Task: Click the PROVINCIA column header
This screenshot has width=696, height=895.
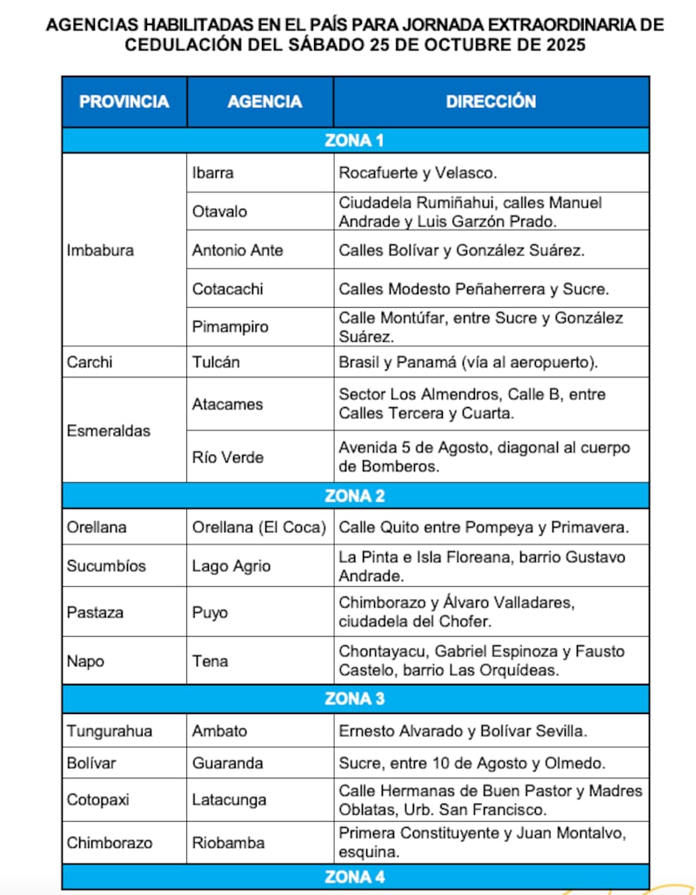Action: [124, 102]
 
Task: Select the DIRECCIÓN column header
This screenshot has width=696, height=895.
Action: [491, 102]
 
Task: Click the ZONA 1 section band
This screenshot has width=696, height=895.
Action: [354, 141]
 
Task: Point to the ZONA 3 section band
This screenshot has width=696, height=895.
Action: [354, 698]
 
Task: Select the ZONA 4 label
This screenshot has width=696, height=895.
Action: [354, 877]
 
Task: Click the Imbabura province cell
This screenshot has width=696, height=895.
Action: [100, 250]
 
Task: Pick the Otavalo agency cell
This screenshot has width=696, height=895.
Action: [219, 211]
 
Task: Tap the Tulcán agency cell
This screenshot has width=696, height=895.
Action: [216, 362]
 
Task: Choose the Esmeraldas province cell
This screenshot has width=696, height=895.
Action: [108, 431]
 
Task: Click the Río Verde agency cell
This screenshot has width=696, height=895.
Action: [227, 457]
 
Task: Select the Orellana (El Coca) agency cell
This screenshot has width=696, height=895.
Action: [259, 527]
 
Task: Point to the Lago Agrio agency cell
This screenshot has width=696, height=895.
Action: [231, 566]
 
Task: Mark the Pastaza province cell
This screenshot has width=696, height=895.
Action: [95, 612]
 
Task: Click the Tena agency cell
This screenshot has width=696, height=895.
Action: [210, 661]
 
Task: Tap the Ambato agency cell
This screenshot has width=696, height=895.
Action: [219, 731]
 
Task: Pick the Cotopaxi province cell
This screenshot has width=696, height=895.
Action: [97, 799]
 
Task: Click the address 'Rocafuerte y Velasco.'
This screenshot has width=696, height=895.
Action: [418, 173]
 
